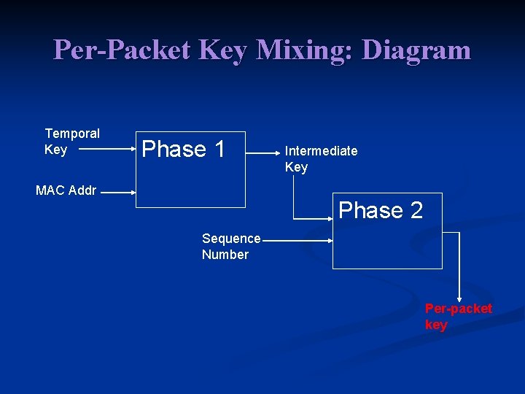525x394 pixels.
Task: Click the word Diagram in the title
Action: pyautogui.click(x=416, y=50)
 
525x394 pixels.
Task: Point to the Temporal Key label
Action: pyautogui.click(x=71, y=142)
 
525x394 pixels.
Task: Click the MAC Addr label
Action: pyautogui.click(x=66, y=191)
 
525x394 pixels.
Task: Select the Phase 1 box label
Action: pyautogui.click(x=183, y=150)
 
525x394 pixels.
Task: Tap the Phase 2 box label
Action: pyautogui.click(x=380, y=211)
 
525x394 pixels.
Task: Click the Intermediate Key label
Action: pyautogui.click(x=321, y=159)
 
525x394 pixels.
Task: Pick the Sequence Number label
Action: pyautogui.click(x=231, y=247)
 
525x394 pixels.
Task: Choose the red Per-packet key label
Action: pyautogui.click(x=458, y=317)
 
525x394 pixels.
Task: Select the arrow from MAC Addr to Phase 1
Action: pyautogui.click(x=117, y=193)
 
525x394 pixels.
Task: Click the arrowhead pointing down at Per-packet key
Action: pyautogui.click(x=459, y=297)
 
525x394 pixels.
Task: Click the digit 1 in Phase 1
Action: pyautogui.click(x=219, y=150)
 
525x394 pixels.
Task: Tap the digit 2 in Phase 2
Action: pyautogui.click(x=416, y=211)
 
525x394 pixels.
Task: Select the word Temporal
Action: pyautogui.click(x=72, y=134)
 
